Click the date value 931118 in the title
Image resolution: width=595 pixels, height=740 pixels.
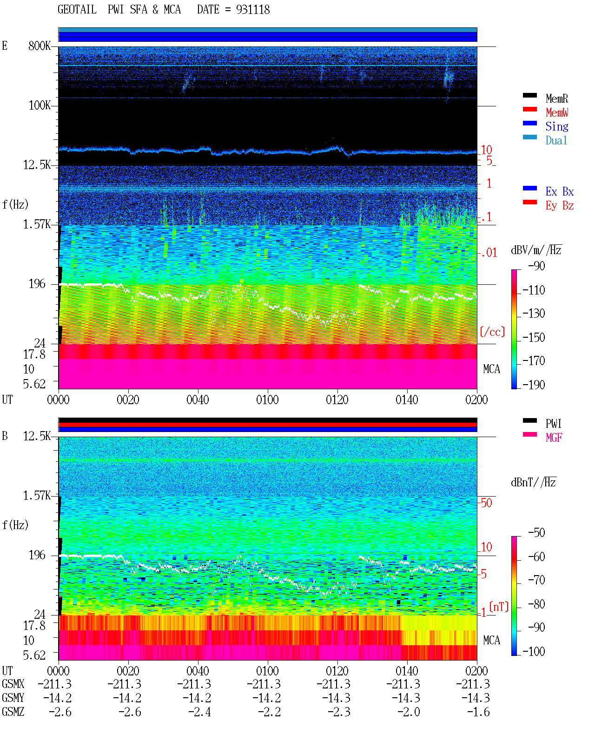click(252, 9)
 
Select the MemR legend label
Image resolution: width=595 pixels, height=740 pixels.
click(556, 98)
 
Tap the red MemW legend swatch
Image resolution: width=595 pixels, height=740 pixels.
click(529, 109)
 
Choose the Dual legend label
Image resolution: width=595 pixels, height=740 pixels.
click(556, 140)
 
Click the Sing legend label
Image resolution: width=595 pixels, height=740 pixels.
click(556, 126)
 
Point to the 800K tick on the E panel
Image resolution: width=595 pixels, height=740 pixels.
click(40, 46)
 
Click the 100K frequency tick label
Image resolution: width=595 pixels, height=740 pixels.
click(40, 105)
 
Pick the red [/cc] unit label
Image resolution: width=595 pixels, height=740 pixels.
click(492, 332)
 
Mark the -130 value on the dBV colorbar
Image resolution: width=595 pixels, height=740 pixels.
click(534, 314)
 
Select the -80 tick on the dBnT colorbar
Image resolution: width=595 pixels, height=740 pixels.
click(536, 604)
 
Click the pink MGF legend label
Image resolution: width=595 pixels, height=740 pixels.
click(554, 438)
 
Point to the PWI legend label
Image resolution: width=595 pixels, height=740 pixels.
click(553, 423)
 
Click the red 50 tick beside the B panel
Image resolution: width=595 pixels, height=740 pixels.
click(486, 503)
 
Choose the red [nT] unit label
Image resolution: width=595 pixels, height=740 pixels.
click(499, 607)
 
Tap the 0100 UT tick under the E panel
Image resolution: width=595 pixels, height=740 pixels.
click(267, 399)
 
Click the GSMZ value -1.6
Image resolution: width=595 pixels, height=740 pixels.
click(478, 712)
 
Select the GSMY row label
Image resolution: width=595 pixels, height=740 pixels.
click(13, 698)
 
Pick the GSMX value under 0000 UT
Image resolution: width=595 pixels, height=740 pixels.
click(55, 684)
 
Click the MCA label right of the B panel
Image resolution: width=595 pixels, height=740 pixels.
click(491, 640)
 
